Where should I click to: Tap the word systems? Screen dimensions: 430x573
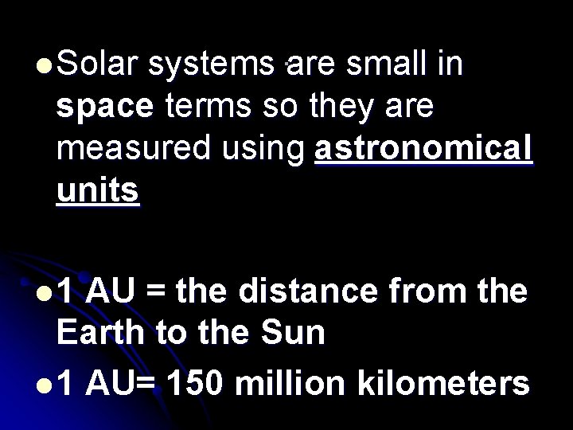pyautogui.click(x=212, y=64)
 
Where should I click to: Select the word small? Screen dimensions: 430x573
pyautogui.click(x=403, y=64)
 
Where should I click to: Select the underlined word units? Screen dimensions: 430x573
pyautogui.click(x=98, y=192)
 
